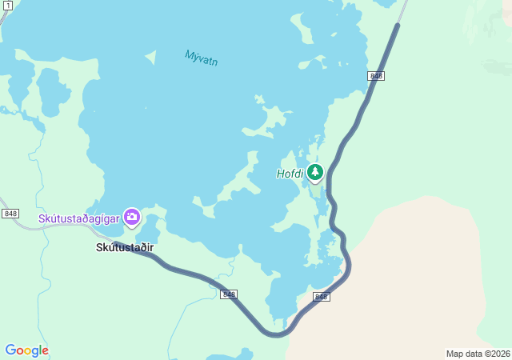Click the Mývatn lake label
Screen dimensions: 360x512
(202, 58)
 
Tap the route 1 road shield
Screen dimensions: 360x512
(7, 5)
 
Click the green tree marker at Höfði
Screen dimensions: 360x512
(315, 172)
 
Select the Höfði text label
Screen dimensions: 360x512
(290, 174)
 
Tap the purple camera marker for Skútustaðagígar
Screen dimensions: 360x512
(132, 217)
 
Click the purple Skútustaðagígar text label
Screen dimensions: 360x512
(78, 218)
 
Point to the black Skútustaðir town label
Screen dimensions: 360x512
(124, 247)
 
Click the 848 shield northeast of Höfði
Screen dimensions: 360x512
(376, 75)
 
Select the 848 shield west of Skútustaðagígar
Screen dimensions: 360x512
(10, 214)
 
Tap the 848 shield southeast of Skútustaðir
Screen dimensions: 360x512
(229, 294)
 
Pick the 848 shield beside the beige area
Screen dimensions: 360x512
(322, 297)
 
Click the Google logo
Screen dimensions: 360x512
(27, 350)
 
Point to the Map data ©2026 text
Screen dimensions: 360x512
(478, 354)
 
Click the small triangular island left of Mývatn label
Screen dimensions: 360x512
(150, 58)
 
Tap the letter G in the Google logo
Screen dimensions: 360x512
(10, 350)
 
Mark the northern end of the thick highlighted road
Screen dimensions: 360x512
(396, 26)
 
